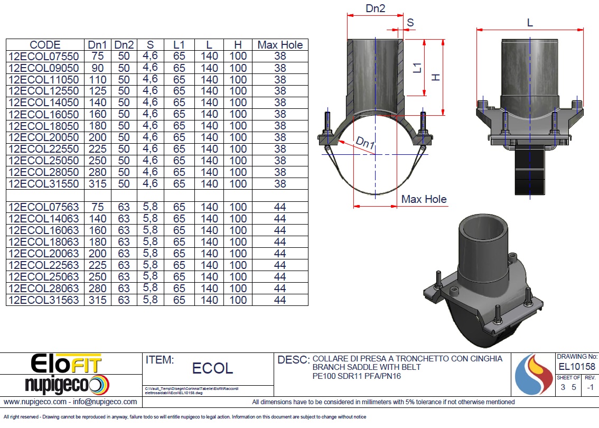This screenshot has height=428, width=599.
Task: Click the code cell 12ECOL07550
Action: (43, 56)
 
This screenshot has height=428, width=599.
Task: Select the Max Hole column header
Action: (280, 45)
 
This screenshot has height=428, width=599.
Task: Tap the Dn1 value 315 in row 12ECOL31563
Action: (97, 300)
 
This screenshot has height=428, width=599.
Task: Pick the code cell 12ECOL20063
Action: (43, 253)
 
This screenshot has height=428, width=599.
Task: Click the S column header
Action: (150, 45)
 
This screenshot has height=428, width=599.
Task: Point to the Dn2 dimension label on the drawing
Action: (375, 8)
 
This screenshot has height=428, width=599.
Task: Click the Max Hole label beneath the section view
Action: (424, 199)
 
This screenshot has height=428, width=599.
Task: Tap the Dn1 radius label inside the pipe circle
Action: (365, 143)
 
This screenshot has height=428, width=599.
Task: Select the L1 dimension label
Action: (417, 68)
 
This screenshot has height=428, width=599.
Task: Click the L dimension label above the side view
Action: (530, 23)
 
